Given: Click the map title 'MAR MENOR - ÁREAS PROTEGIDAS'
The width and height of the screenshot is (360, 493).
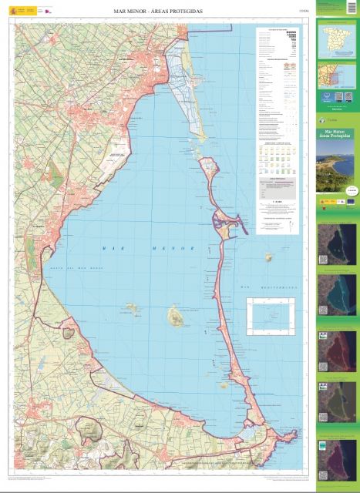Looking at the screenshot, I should (159, 12).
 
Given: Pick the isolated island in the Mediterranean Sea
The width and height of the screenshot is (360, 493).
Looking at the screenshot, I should (269, 257).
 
